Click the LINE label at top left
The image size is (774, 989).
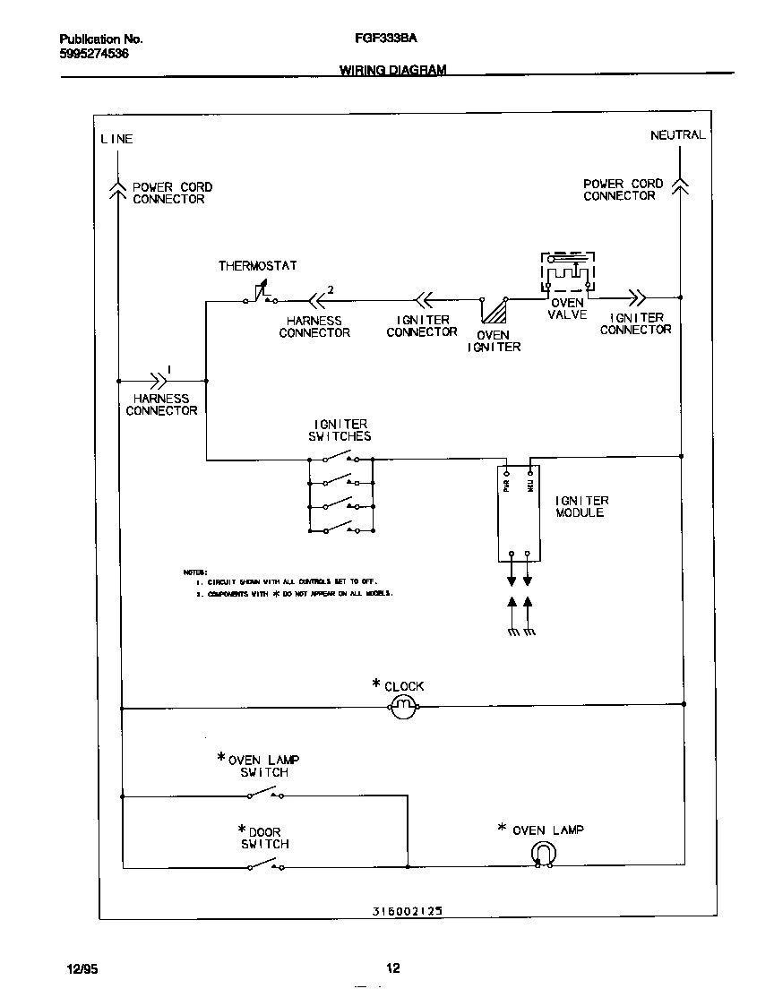(116, 139)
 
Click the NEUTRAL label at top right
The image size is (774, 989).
(677, 135)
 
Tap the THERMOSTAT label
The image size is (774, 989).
(257, 266)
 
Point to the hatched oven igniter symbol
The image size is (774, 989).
(494, 310)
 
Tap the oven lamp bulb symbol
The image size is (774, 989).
(543, 855)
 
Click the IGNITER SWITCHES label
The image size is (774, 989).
(341, 430)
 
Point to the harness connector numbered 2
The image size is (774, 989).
(314, 300)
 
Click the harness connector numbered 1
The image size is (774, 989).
(159, 380)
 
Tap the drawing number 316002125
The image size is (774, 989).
(407, 910)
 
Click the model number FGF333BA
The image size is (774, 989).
(380, 39)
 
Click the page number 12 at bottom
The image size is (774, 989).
(392, 967)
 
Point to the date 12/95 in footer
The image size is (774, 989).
(82, 968)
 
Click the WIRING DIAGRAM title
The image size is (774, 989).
(392, 70)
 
